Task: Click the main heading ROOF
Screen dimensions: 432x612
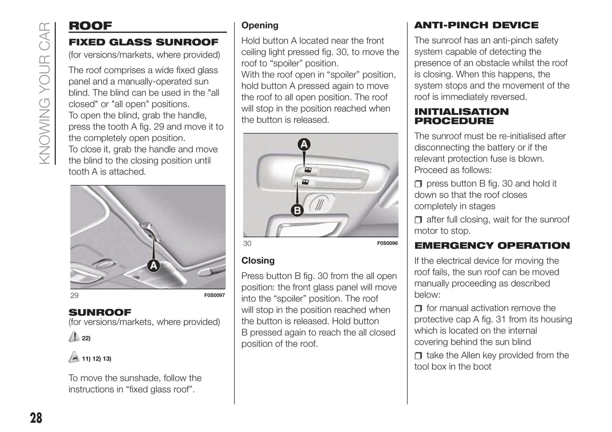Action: click(x=90, y=26)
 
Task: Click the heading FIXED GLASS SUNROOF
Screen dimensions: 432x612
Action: click(x=143, y=42)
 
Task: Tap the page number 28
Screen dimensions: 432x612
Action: click(x=36, y=418)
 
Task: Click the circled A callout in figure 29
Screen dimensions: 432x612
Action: click(x=153, y=266)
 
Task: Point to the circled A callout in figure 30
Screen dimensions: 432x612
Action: click(x=304, y=145)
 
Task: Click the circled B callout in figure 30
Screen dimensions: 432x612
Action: click(x=298, y=210)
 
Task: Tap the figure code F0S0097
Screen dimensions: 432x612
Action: click(x=214, y=295)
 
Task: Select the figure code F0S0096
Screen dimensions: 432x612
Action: click(x=387, y=243)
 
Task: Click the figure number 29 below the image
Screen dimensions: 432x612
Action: click(x=75, y=295)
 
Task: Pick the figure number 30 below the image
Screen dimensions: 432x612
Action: click(x=247, y=243)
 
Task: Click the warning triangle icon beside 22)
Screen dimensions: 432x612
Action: click(x=74, y=337)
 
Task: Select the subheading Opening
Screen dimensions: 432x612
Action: click(x=260, y=25)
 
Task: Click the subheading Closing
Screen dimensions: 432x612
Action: click(x=258, y=261)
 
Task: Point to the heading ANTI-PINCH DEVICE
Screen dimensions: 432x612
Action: click(x=476, y=25)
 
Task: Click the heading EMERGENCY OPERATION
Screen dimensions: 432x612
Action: click(x=492, y=246)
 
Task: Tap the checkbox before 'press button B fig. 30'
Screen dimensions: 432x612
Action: click(x=418, y=184)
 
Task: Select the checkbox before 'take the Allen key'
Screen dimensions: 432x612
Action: click(x=418, y=356)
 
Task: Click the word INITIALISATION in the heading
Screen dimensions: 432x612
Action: click(x=461, y=112)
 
